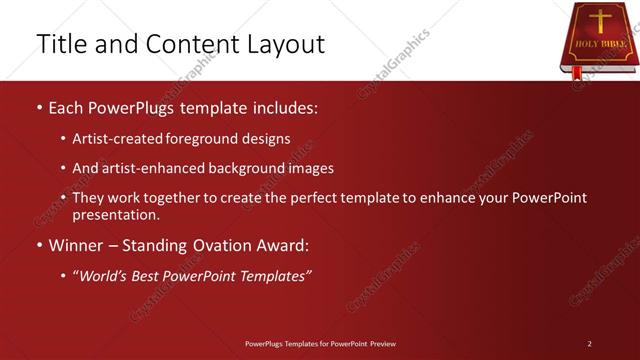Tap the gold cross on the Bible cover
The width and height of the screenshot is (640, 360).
point(601,21)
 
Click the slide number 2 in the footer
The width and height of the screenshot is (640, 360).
point(589,344)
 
